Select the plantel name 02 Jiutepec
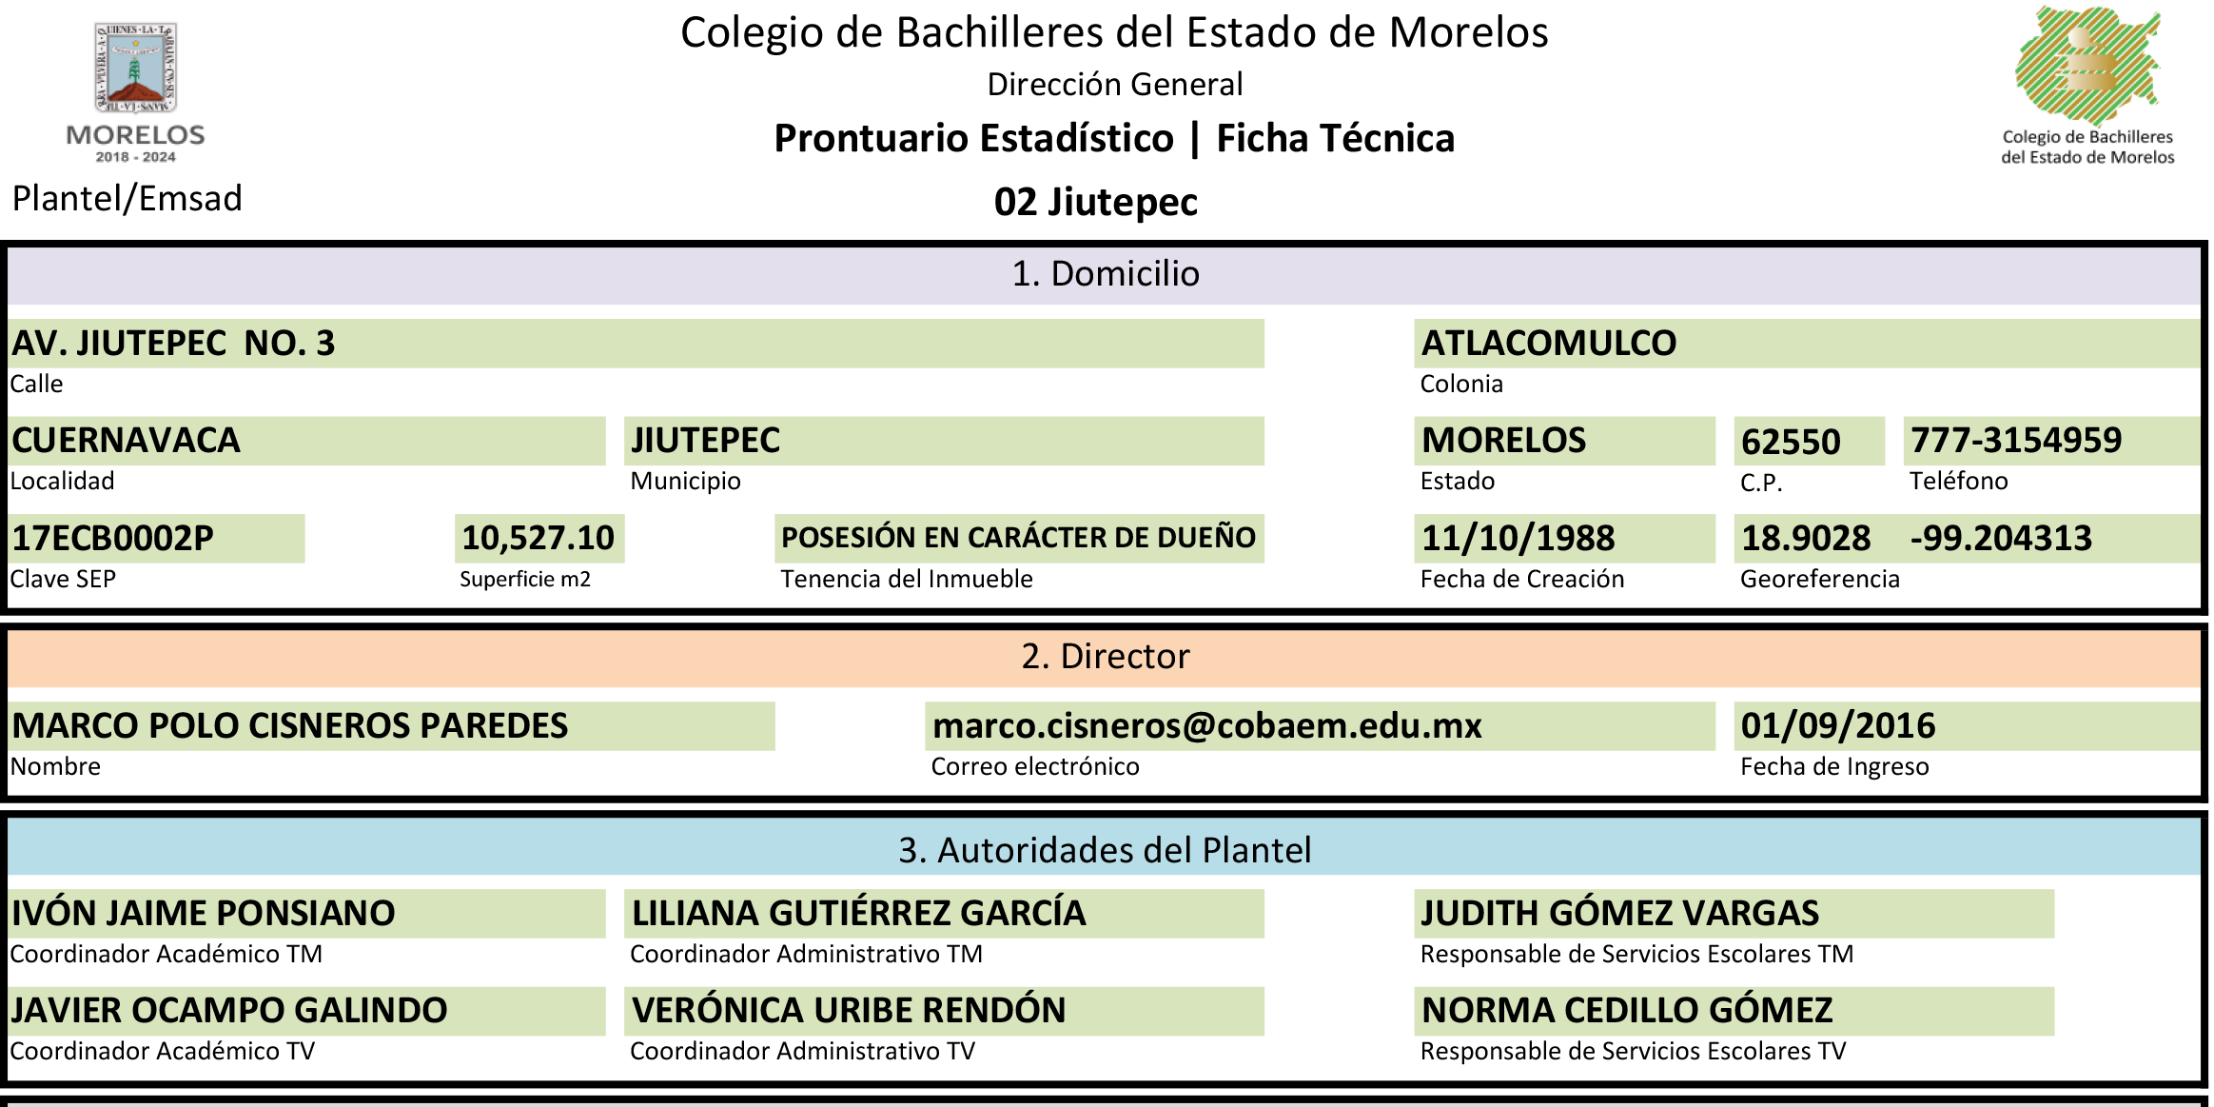(x=1095, y=202)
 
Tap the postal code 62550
(x=1791, y=442)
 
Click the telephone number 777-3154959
(x=2016, y=441)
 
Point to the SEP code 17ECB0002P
(x=112, y=539)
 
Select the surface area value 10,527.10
(x=539, y=538)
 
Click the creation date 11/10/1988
(x=1518, y=539)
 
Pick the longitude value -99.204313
(x=2001, y=539)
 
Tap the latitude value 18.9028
(x=1806, y=539)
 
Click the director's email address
(x=1206, y=726)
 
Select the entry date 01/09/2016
(x=1838, y=726)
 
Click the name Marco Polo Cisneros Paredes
(x=289, y=726)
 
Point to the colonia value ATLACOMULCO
(x=1548, y=344)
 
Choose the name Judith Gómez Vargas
(x=1619, y=913)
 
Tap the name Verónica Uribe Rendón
(x=849, y=1010)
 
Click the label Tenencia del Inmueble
(x=906, y=579)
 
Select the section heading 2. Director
(x=1106, y=657)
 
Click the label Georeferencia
(x=1819, y=579)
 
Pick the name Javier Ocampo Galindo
(x=228, y=1010)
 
